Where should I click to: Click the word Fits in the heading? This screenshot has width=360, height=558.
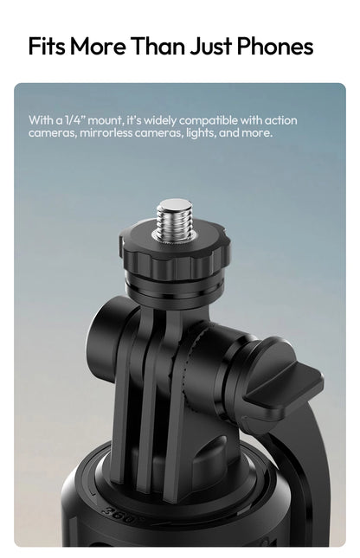pos(47,46)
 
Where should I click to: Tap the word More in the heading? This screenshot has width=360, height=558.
pos(98,46)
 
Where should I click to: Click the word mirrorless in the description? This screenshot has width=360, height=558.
pos(106,132)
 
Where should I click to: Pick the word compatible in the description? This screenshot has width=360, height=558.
pos(208,120)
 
